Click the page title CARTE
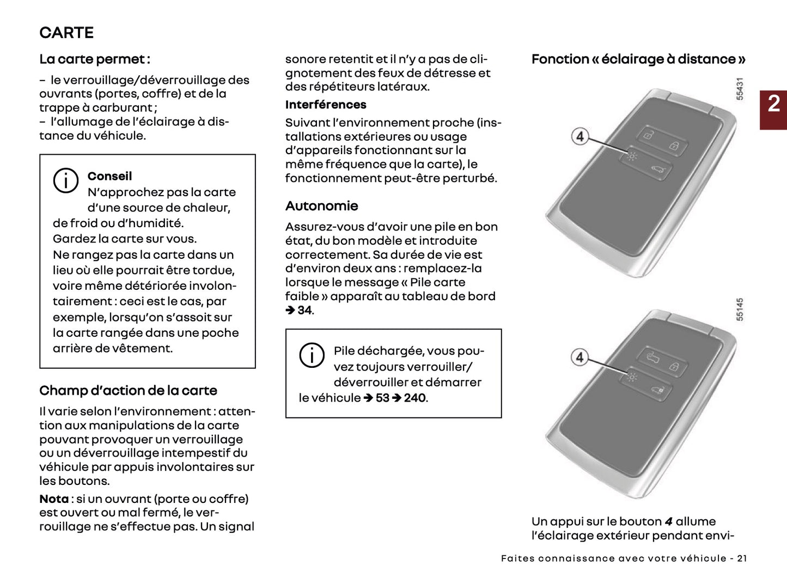click(66, 33)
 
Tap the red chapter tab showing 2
click(773, 104)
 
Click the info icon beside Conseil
click(66, 180)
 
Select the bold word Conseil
click(109, 176)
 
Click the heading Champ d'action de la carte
click(128, 391)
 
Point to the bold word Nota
click(53, 499)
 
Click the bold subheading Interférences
click(326, 105)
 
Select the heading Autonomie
click(321, 206)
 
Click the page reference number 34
click(304, 311)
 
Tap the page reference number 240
click(415, 398)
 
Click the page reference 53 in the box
click(382, 398)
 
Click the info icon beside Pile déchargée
click(312, 355)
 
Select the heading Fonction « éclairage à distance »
click(638, 59)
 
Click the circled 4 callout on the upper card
click(580, 136)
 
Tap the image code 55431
click(740, 89)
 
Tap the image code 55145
click(740, 309)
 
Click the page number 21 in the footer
click(742, 558)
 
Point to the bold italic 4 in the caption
click(669, 522)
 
